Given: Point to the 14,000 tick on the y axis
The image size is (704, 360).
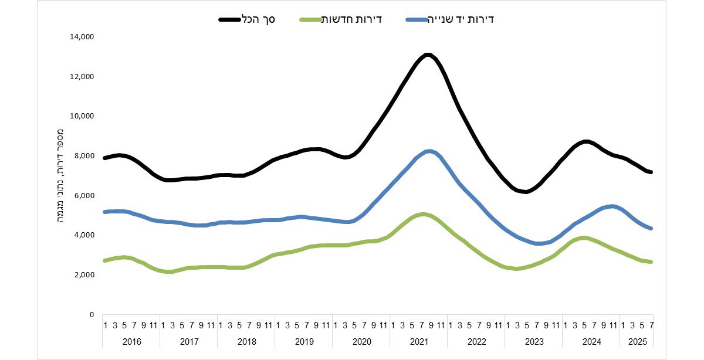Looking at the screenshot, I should point(82,37).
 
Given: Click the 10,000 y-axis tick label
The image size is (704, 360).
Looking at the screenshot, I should point(82,116).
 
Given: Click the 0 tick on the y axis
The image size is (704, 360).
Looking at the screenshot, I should point(91,314).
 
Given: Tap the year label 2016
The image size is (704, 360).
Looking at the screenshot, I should point(131,341).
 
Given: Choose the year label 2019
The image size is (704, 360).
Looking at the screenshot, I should point(303,341).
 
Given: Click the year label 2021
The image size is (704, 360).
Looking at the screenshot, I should point(418,341).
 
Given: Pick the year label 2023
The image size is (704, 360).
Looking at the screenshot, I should point(533,341).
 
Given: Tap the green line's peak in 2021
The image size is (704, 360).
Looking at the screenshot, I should point(423,215).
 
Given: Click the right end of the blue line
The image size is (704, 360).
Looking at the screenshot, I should point(651,229).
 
